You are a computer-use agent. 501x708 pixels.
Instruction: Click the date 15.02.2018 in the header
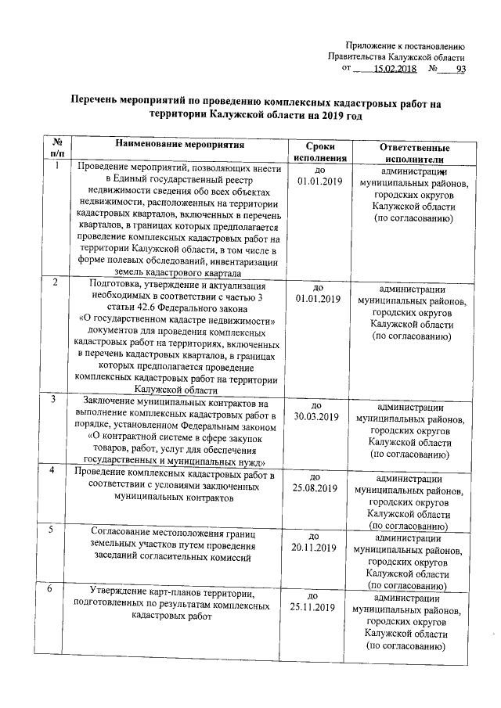click(x=395, y=69)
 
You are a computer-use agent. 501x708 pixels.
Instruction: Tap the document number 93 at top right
click(x=460, y=69)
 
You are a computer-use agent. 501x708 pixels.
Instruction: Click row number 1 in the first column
click(x=57, y=165)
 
